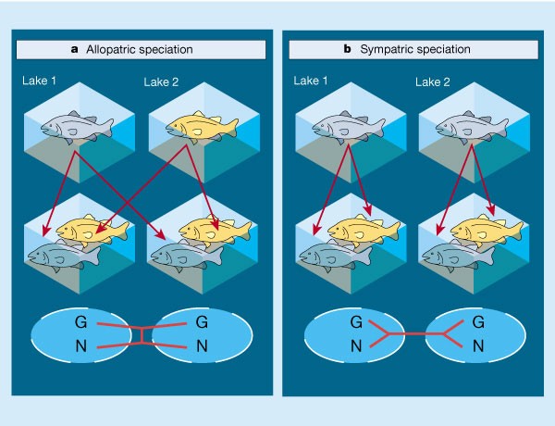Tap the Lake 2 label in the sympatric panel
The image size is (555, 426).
point(434,83)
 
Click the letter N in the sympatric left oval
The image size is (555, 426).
point(355,347)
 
